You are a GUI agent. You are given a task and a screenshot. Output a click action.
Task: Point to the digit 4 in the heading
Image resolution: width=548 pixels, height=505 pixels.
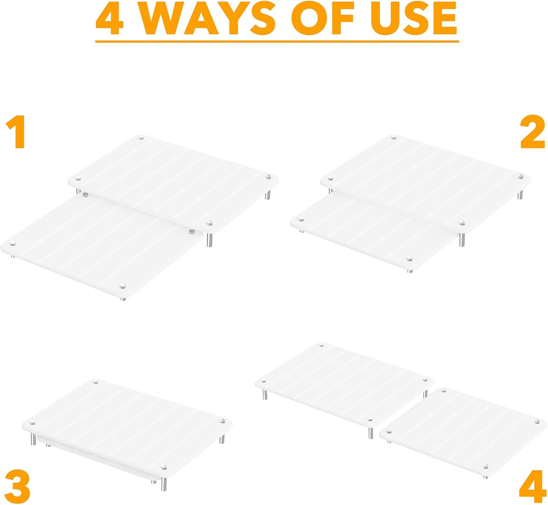tap(110, 19)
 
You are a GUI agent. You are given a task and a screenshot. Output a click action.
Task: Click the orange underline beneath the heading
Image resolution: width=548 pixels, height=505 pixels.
tap(277, 42)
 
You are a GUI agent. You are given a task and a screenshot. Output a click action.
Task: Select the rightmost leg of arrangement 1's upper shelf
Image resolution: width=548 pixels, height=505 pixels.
tap(268, 194)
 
